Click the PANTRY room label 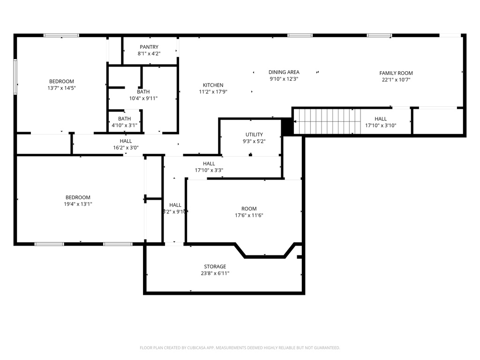point(149,47)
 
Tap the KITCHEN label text point(213,85)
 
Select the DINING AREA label point(284,72)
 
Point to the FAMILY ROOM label point(396,73)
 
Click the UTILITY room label point(254,135)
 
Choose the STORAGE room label point(215,267)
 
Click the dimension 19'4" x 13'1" point(78,204)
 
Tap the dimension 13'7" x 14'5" point(61,88)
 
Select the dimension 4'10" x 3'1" point(124,125)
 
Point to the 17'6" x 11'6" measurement point(249,215)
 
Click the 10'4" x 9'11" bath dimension point(143,98)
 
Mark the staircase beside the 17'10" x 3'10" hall point(327,121)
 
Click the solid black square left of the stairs point(287,127)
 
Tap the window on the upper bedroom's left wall point(15,76)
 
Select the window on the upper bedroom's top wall point(61,36)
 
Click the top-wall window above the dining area point(300,36)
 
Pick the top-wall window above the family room point(379,36)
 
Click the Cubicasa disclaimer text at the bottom point(240,348)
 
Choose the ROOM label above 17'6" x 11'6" point(249,209)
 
